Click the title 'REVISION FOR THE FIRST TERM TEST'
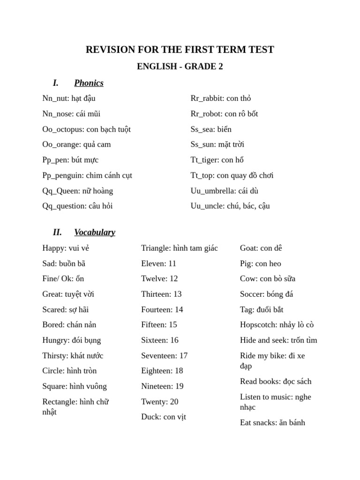click(x=180, y=50)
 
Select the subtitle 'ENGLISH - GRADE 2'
click(x=180, y=67)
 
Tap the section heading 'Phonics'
click(x=89, y=83)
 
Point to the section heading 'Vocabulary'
click(x=94, y=232)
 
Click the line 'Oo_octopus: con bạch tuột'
click(x=86, y=129)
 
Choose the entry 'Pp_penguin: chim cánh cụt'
click(x=87, y=175)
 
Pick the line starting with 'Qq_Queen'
click(x=77, y=191)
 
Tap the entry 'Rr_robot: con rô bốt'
click(x=224, y=114)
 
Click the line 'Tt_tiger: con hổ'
click(x=217, y=160)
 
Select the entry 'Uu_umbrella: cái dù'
click(x=225, y=191)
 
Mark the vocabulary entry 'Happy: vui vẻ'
click(x=66, y=248)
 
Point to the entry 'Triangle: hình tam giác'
click(x=180, y=248)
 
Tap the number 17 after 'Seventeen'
click(x=183, y=355)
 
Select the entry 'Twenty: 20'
click(x=159, y=402)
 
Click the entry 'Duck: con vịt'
click(x=163, y=417)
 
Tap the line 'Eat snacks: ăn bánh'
click(x=272, y=422)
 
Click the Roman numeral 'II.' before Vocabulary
click(x=57, y=232)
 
